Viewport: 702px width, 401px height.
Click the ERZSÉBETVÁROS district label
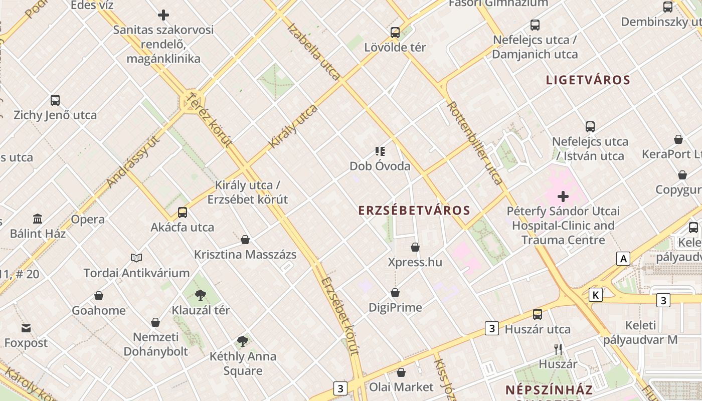(414, 211)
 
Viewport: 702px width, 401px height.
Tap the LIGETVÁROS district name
(588, 80)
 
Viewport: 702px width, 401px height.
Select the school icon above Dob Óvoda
(380, 151)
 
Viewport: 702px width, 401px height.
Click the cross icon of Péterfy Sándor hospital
(563, 196)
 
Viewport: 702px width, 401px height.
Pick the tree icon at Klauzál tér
(201, 295)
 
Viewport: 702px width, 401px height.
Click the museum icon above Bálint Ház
(38, 219)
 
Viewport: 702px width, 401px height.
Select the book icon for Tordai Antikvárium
(136, 258)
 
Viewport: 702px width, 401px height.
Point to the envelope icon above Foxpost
(26, 329)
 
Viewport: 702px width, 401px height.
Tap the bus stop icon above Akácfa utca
(183, 213)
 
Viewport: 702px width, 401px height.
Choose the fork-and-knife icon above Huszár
(558, 349)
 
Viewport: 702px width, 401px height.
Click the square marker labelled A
(623, 259)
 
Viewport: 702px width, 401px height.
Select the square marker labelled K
(595, 295)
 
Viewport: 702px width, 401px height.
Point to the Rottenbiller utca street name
(474, 143)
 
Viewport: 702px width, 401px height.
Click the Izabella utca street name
(314, 51)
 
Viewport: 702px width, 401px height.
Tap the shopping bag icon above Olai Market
(401, 373)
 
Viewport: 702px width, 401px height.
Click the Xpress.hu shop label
(415, 262)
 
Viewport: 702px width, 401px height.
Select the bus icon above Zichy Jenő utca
(55, 100)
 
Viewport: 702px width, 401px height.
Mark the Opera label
(88, 220)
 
